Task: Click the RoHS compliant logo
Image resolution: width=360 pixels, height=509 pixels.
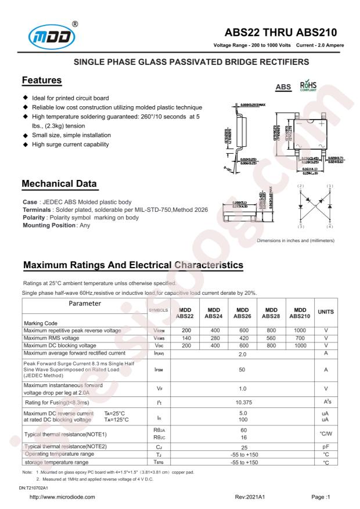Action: click(308, 86)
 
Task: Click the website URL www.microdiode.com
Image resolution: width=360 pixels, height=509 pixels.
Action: click(62, 497)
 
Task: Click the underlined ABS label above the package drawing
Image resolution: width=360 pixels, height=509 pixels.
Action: click(283, 88)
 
